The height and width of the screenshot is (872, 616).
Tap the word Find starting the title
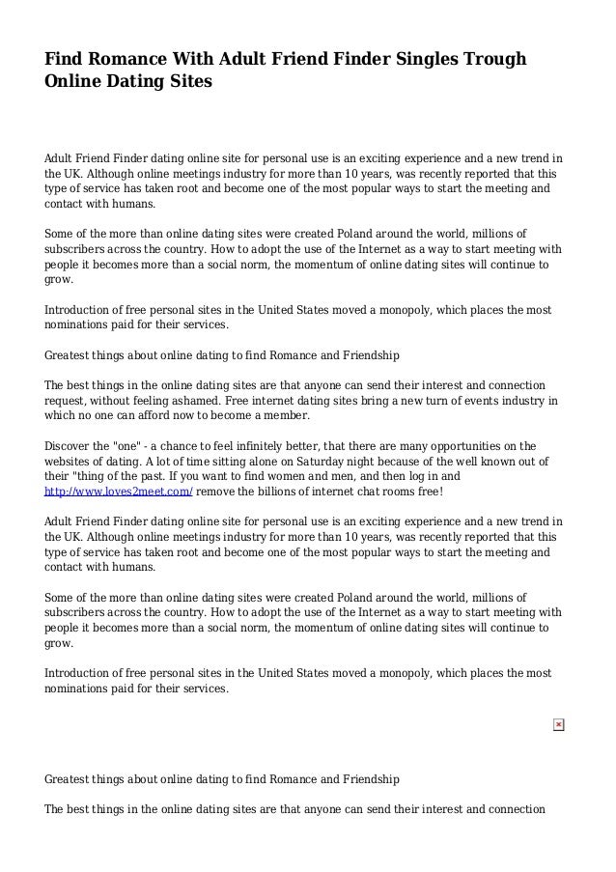click(x=66, y=60)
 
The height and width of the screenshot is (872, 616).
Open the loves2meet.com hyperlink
click(x=119, y=491)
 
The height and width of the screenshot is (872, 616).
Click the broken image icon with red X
click(x=558, y=724)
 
